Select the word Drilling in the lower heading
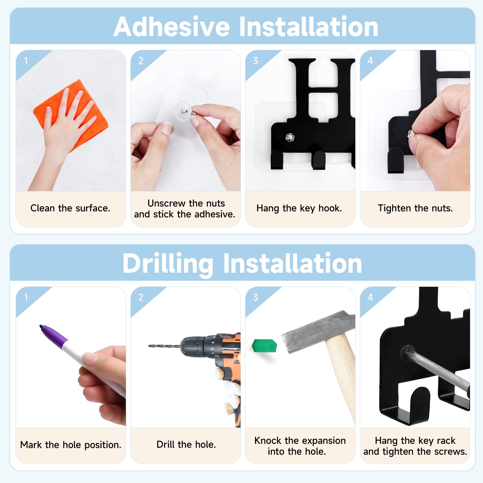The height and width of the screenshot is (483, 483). tap(168, 264)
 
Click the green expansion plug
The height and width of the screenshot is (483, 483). tap(264, 346)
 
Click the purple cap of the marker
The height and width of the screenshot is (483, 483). tap(54, 335)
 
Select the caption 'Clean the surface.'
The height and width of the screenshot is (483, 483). tap(70, 208)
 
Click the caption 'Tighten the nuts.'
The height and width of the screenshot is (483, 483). tap(415, 208)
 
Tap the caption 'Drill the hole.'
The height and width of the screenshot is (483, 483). tap(186, 444)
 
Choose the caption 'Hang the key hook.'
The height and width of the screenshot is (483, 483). tap(299, 208)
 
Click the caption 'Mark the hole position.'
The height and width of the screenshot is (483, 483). tap(71, 445)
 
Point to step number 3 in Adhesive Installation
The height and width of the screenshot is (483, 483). tap(255, 61)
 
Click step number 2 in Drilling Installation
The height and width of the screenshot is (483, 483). tap(141, 297)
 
